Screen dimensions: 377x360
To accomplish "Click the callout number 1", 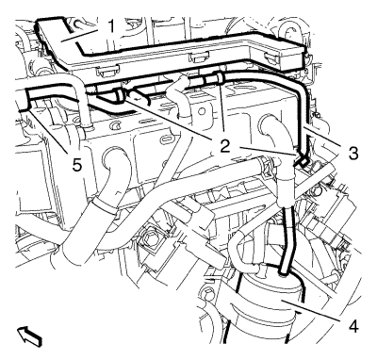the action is [111, 27].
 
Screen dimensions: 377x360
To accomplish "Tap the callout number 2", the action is [225, 146].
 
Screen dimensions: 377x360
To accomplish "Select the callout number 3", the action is [352, 154].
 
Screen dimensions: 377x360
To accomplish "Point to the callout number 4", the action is [353, 327].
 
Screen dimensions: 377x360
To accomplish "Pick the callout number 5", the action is [77, 165].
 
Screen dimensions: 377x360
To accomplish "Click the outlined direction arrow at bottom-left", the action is [30, 336].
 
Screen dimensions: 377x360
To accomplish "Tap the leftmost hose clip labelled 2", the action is [121, 96].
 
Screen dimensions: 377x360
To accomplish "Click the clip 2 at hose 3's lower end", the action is [300, 160].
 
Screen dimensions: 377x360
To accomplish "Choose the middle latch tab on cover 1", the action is [195, 57].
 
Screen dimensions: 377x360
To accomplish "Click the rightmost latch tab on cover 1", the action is [272, 57].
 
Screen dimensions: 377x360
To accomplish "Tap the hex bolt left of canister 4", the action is [207, 293].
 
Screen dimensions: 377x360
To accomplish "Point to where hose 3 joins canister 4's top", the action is [284, 271].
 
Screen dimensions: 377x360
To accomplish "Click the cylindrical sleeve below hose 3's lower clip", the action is [286, 191].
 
